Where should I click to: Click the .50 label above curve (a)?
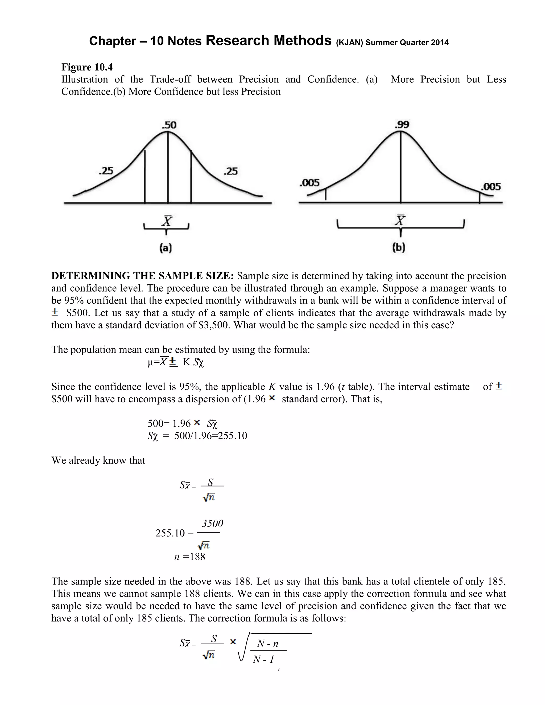click(169, 125)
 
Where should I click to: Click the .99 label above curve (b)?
click(402, 125)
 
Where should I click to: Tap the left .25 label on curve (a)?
click(106, 171)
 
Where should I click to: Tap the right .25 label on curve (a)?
click(230, 171)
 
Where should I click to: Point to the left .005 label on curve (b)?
click(309, 183)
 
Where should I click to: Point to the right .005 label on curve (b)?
click(491, 186)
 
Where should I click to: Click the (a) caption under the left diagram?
click(166, 248)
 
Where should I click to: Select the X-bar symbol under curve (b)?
click(400, 221)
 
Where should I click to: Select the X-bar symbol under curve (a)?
click(167, 221)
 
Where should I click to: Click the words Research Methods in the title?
click(269, 41)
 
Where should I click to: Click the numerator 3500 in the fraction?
click(212, 524)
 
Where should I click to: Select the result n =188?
click(189, 557)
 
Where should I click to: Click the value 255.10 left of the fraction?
click(170, 533)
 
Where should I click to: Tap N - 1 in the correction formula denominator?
click(263, 660)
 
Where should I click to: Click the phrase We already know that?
click(98, 460)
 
